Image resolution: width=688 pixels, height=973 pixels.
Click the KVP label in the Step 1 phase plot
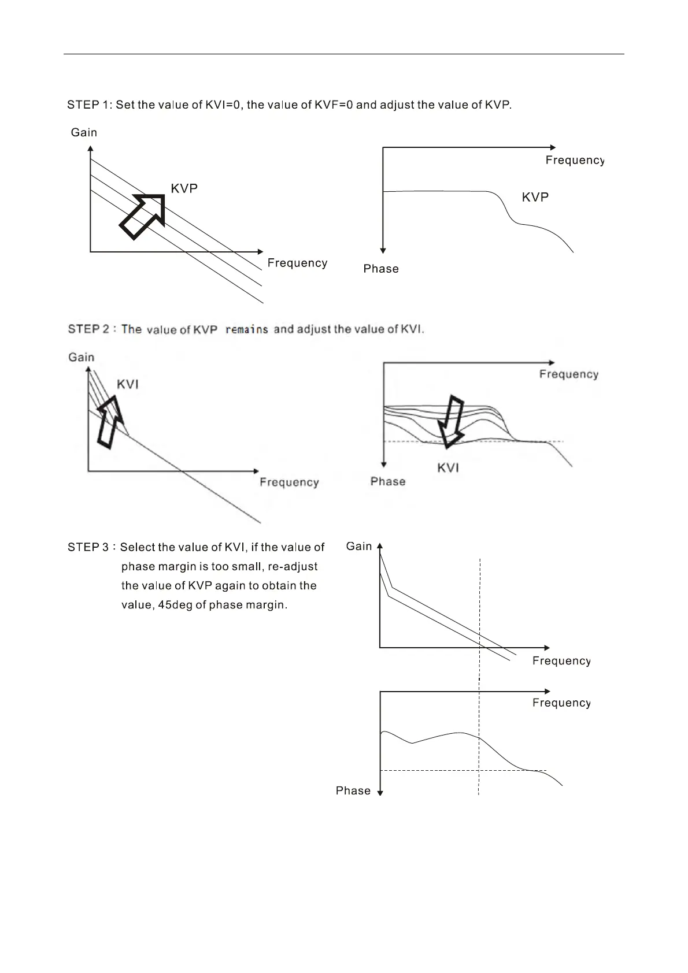535,198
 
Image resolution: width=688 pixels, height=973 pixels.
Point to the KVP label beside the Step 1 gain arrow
184,189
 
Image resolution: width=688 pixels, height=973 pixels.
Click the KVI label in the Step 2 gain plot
128,385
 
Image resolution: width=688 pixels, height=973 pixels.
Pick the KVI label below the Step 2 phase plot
448,468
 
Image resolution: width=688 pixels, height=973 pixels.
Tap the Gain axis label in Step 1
84,133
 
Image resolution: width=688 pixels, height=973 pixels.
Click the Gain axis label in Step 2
82,358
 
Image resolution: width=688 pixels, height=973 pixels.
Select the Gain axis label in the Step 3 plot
359,547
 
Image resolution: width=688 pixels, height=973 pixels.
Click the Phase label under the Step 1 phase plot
381,269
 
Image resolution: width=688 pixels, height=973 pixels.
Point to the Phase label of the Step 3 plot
353,791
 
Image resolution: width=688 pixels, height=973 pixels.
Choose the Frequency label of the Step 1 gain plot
297,263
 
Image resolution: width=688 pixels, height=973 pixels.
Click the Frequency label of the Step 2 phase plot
568,374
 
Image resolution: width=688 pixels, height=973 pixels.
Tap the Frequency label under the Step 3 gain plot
561,661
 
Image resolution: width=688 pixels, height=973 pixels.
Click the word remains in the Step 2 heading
246,330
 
